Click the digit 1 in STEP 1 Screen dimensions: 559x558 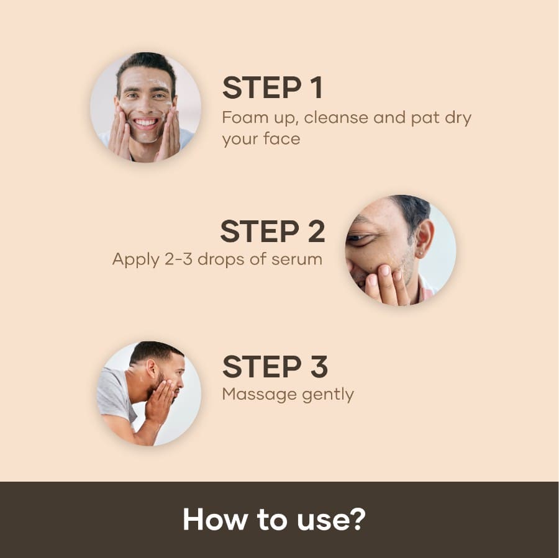[317, 88]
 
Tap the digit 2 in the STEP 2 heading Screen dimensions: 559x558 [316, 231]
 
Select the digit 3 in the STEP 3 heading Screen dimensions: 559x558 [319, 366]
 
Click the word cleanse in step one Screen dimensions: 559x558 [336, 117]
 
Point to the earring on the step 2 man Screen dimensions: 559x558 [421, 253]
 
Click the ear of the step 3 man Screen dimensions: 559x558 [152, 369]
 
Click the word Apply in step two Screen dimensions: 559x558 [135, 259]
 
